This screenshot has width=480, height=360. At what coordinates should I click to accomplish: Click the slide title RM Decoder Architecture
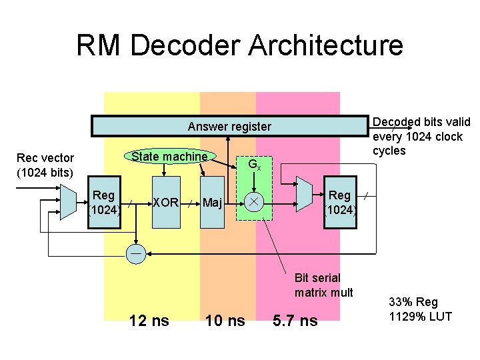239,45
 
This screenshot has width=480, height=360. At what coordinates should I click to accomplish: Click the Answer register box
229,126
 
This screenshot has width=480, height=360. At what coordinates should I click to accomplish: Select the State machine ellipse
169,157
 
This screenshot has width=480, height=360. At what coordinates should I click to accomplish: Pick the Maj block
213,202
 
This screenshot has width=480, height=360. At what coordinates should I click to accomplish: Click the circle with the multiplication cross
254,201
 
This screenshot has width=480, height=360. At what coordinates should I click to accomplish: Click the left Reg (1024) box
105,202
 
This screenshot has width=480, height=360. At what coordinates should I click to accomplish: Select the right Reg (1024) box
340,202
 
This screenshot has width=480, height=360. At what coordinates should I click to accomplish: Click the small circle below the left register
136,254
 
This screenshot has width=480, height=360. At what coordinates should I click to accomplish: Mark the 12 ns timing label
149,321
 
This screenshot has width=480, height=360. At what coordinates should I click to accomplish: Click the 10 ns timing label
225,321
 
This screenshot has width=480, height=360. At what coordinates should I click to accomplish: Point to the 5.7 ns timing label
295,321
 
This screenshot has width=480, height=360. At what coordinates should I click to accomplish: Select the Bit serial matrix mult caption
323,285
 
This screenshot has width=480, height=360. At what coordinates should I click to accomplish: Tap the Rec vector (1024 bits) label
45,165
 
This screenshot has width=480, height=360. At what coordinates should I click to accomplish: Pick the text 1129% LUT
420,316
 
